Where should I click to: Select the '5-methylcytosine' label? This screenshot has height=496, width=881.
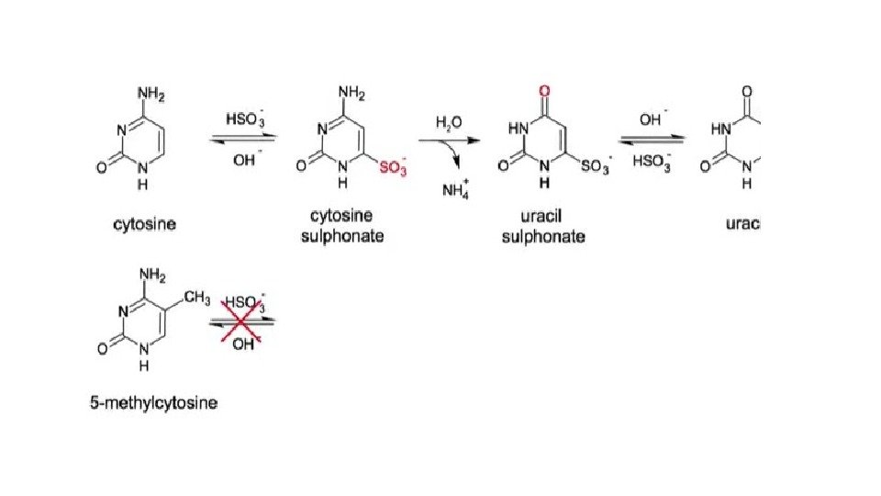tap(153, 403)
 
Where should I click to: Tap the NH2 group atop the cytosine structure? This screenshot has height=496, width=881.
tap(152, 92)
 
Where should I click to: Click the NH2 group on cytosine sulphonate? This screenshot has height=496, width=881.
tap(352, 92)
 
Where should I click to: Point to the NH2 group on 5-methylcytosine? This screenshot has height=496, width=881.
tap(151, 273)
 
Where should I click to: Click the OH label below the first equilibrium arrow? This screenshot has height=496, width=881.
tap(244, 161)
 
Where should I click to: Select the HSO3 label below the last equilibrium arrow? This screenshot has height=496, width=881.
tap(651, 163)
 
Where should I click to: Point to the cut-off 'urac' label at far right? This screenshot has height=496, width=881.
tap(744, 223)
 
